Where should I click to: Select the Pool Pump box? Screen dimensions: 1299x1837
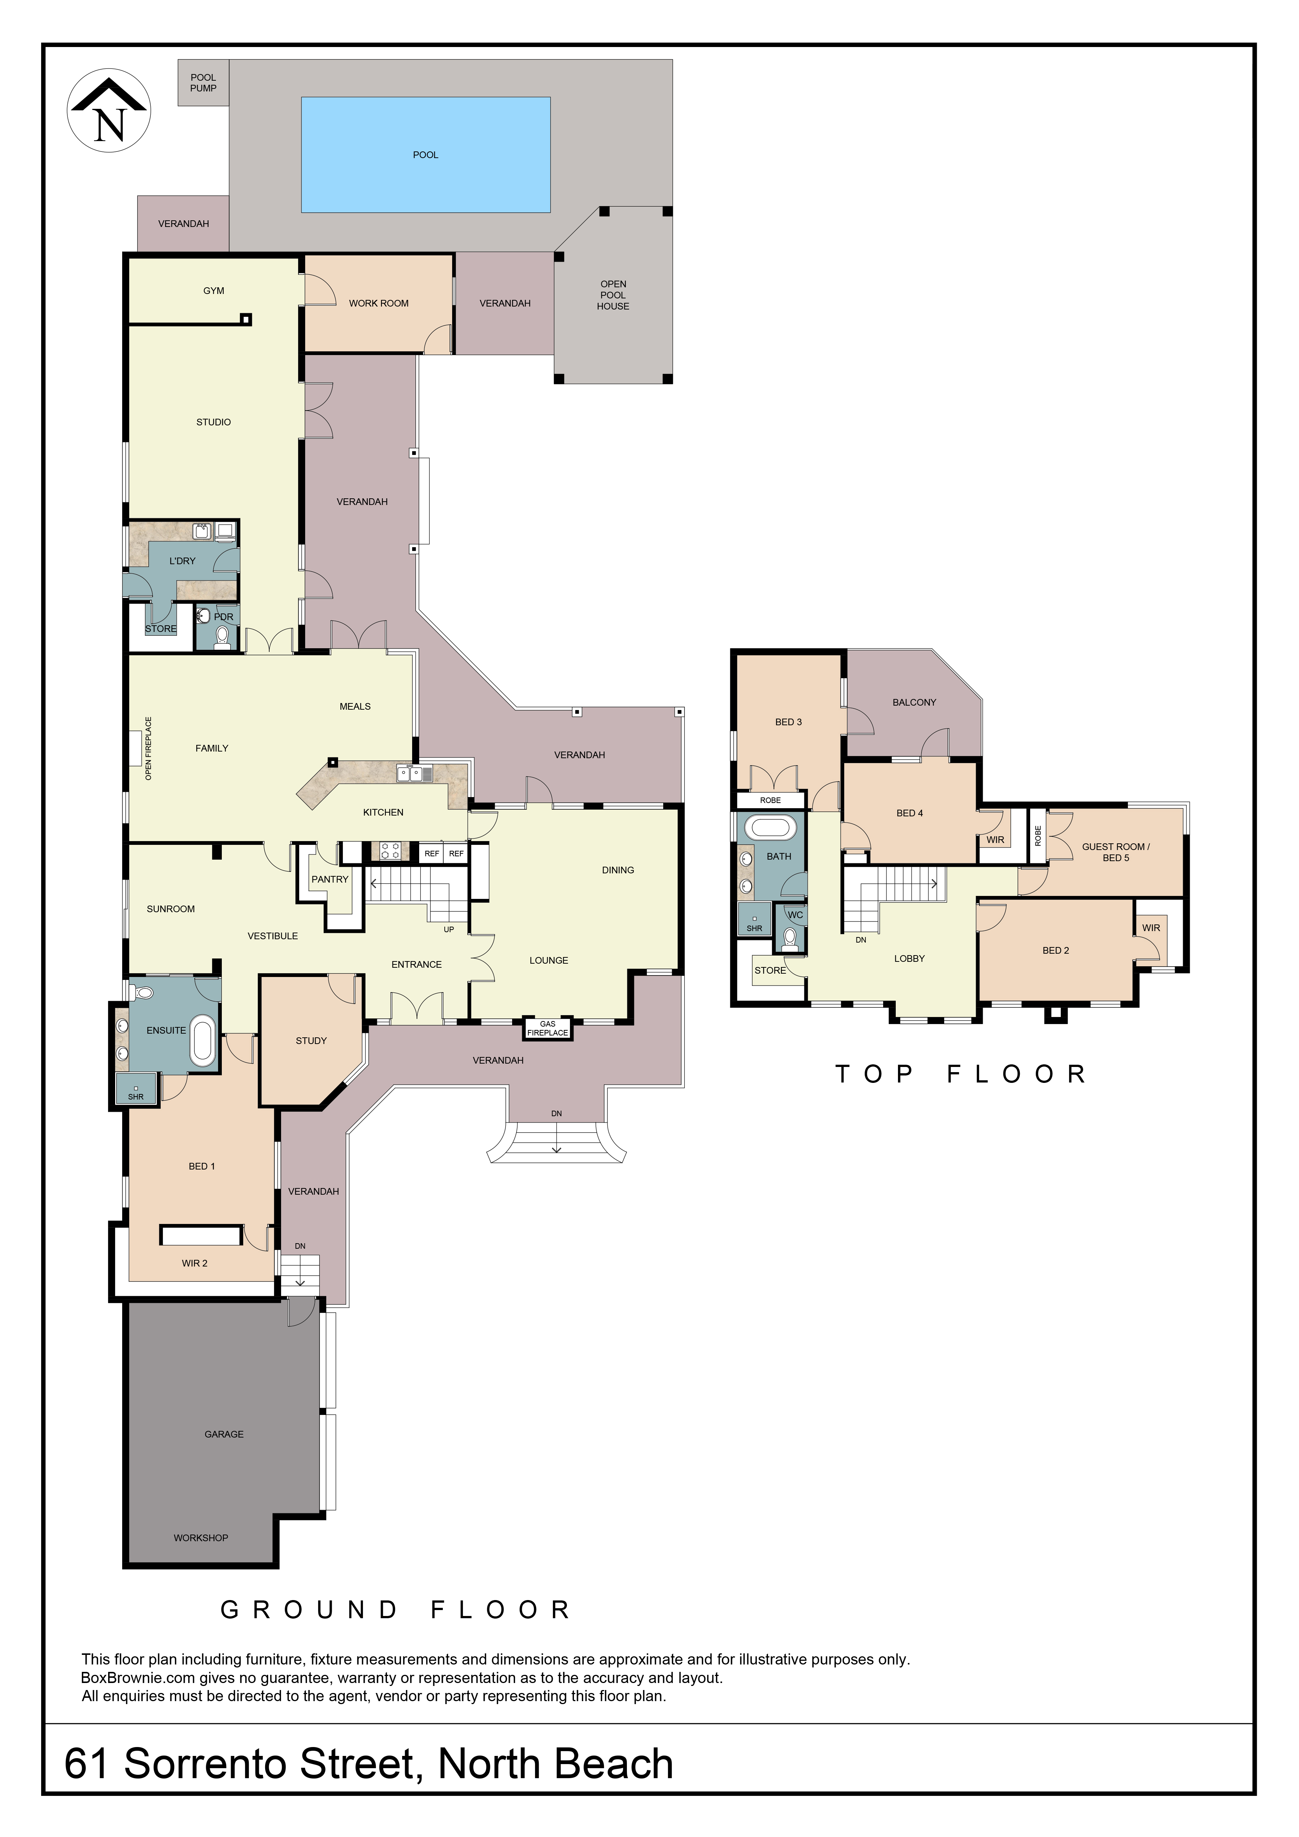[203, 83]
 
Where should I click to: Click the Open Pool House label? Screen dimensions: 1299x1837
[613, 295]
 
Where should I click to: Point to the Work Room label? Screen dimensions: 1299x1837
[378, 303]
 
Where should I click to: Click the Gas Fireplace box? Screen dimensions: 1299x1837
[547, 1028]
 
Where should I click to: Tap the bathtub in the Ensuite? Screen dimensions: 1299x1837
[203, 1041]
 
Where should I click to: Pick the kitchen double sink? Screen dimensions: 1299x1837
[415, 773]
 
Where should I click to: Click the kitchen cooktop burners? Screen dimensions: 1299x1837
[390, 850]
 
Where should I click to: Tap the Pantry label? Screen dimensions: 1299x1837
[330, 879]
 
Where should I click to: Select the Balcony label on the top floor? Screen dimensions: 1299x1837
[914, 702]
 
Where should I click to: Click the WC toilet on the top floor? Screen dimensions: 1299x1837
[791, 938]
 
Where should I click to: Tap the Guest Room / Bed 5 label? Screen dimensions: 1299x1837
[1116, 852]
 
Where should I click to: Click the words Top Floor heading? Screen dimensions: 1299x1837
[961, 1074]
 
